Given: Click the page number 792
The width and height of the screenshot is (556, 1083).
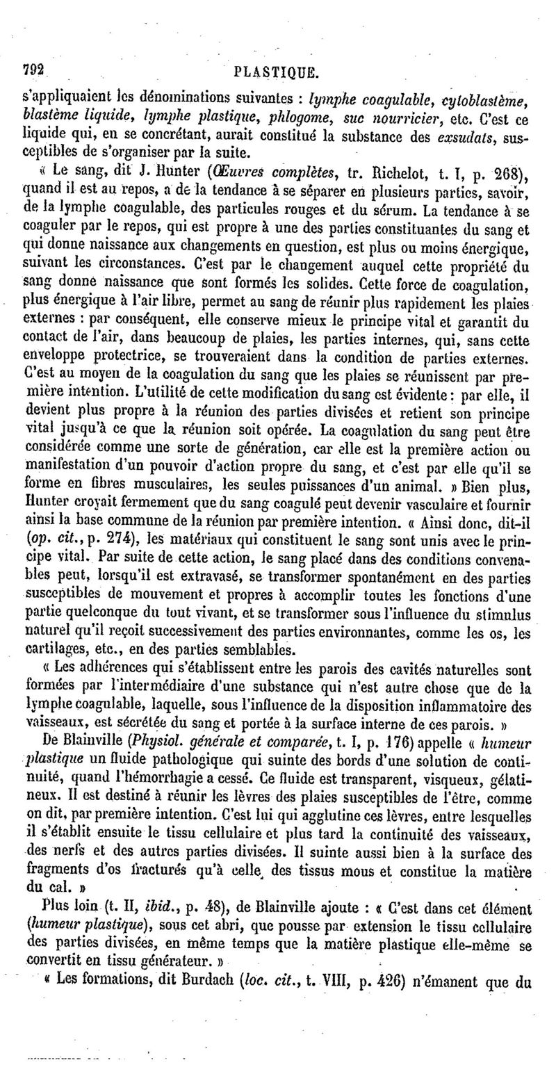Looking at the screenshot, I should (34, 70).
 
